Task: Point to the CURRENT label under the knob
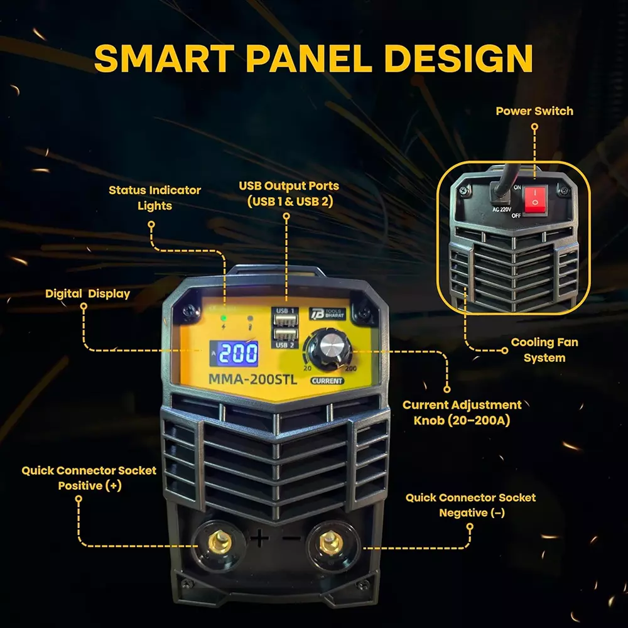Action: pos(327,381)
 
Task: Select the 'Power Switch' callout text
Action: pos(534,111)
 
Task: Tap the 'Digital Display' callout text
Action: pos(87,293)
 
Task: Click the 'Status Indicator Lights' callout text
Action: pos(154,197)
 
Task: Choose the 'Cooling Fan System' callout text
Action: pos(544,350)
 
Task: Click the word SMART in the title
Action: pos(165,58)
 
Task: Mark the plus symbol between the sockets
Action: pos(260,538)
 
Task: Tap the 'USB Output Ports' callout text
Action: pos(288,193)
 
